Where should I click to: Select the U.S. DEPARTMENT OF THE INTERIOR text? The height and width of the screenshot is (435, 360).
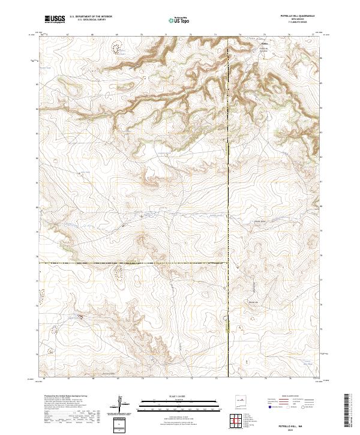(91, 17)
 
